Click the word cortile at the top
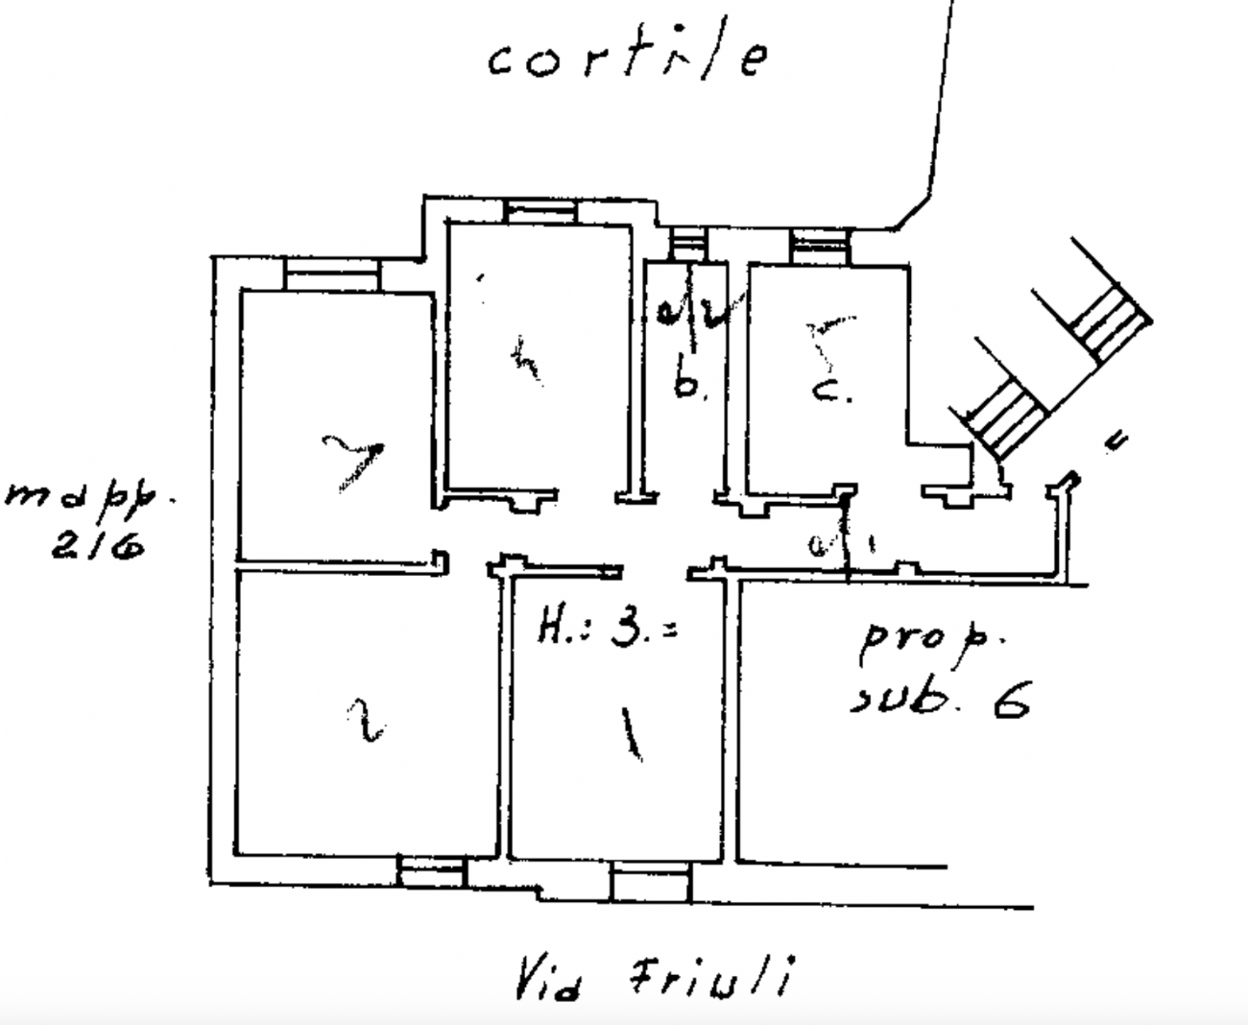pyautogui.click(x=628, y=58)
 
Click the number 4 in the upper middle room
pyautogui.click(x=524, y=359)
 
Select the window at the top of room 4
pyautogui.click(x=540, y=210)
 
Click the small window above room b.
pyautogui.click(x=686, y=241)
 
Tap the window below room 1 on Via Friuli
pyautogui.click(x=650, y=880)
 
